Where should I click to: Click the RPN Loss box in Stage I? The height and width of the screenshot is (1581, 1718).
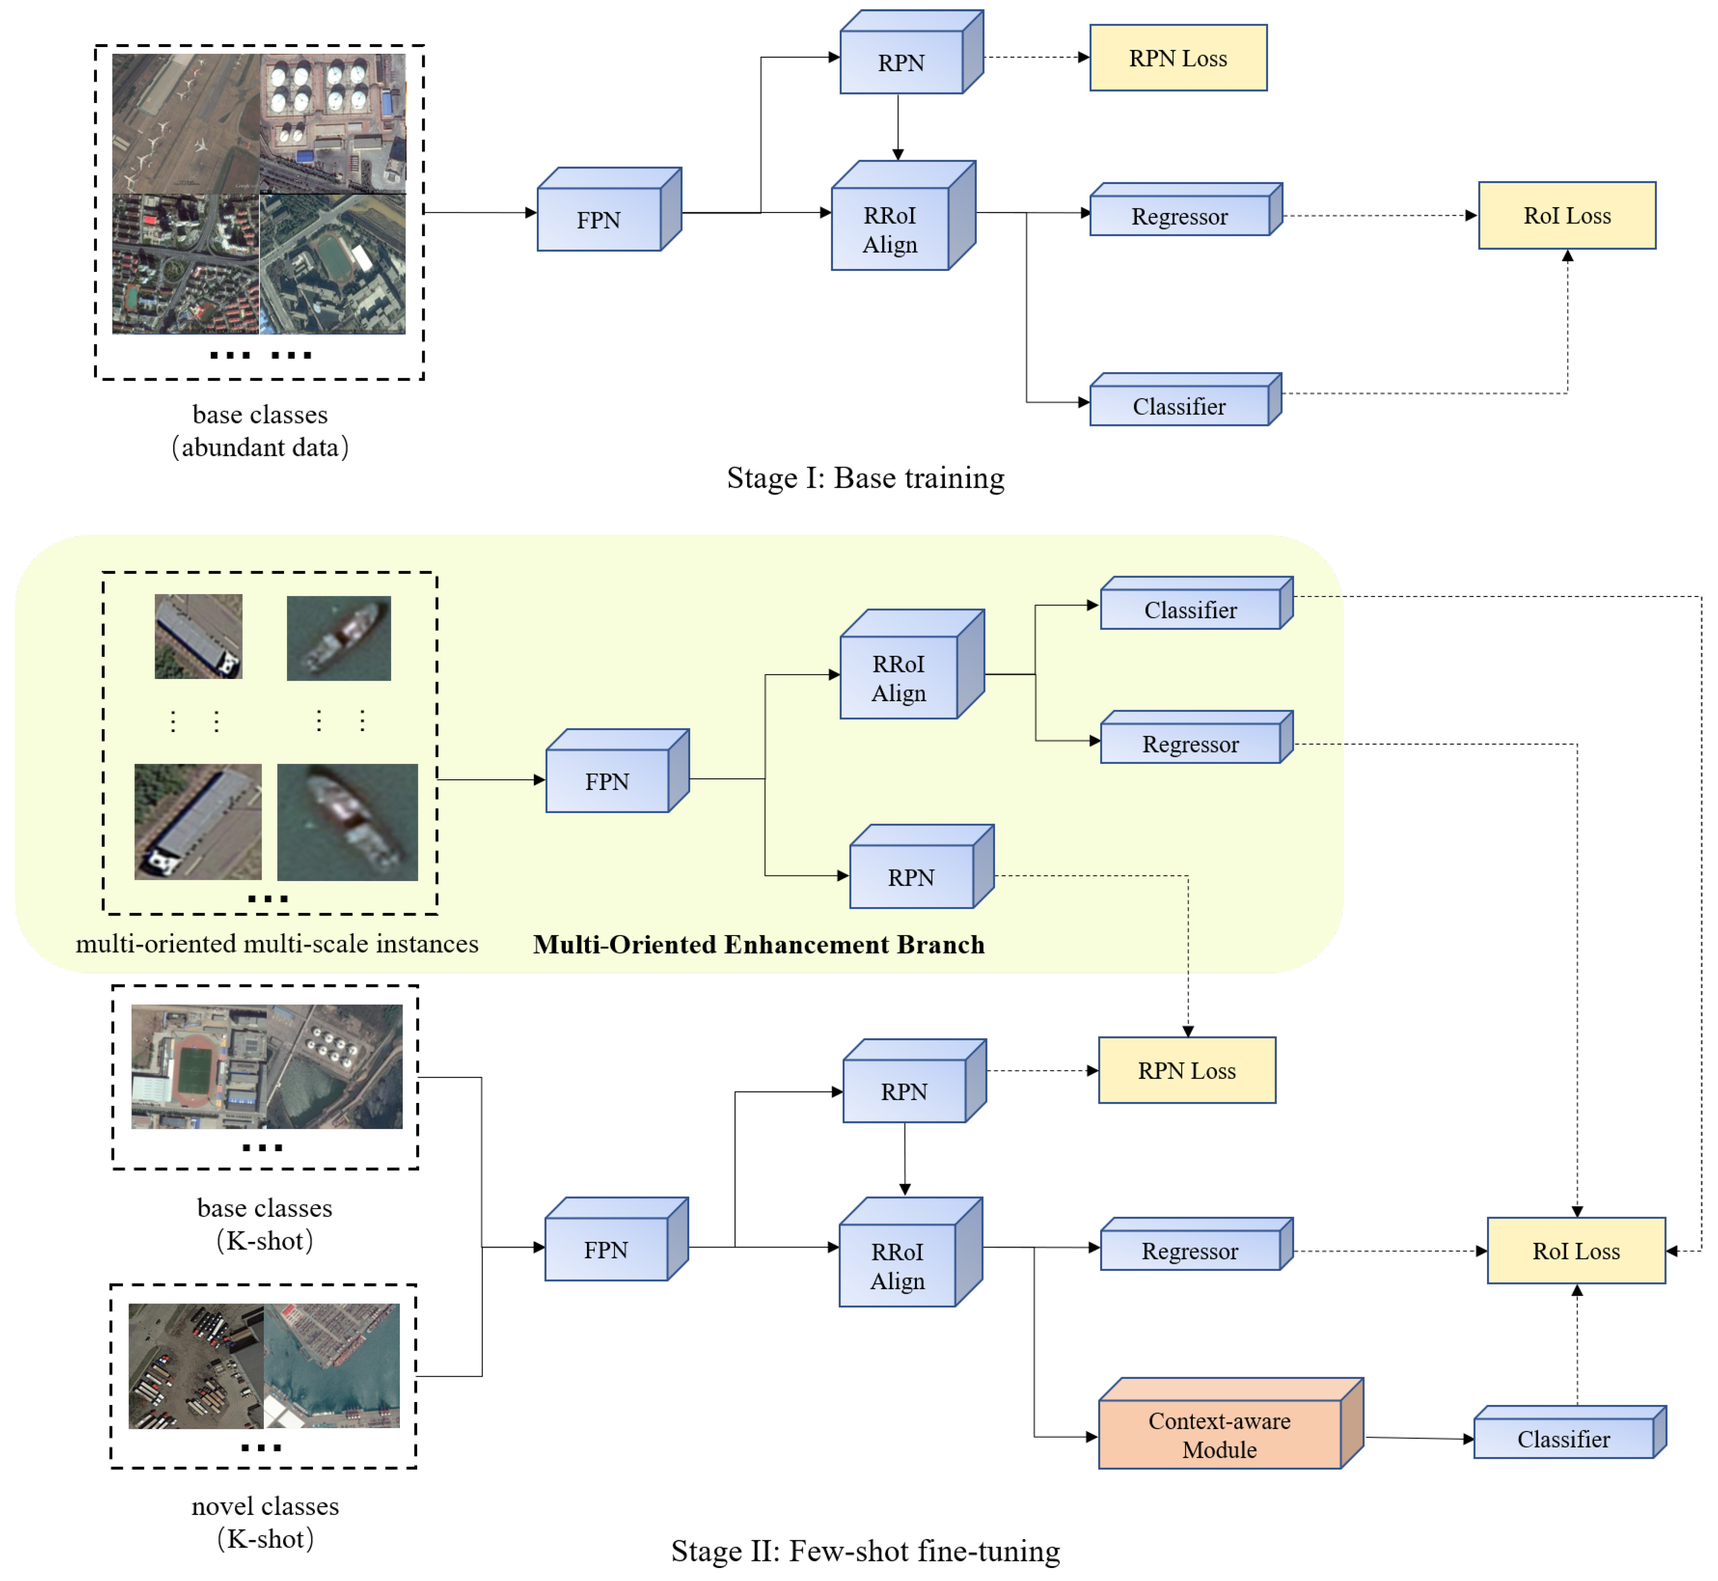[1177, 58]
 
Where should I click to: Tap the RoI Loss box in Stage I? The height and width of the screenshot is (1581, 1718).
[1567, 216]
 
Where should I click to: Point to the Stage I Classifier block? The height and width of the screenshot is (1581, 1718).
[1179, 406]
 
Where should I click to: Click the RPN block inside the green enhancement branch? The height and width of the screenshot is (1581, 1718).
[912, 877]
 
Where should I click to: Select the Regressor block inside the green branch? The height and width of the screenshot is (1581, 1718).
[1190, 744]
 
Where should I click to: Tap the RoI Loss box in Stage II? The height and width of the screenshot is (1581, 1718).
[1576, 1251]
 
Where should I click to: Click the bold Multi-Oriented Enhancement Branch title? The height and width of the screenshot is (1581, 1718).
[759, 944]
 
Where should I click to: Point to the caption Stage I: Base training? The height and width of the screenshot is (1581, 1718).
[865, 477]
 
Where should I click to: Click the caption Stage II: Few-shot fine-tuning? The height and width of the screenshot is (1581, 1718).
[865, 1550]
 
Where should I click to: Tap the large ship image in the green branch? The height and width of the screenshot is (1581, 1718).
[347, 822]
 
